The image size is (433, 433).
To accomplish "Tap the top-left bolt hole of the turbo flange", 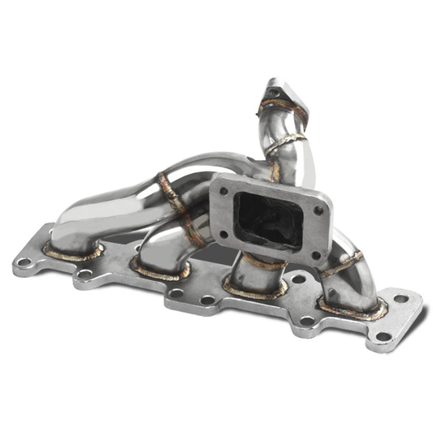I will click(224, 191).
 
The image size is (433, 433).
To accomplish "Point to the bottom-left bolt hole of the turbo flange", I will click(224, 234).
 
